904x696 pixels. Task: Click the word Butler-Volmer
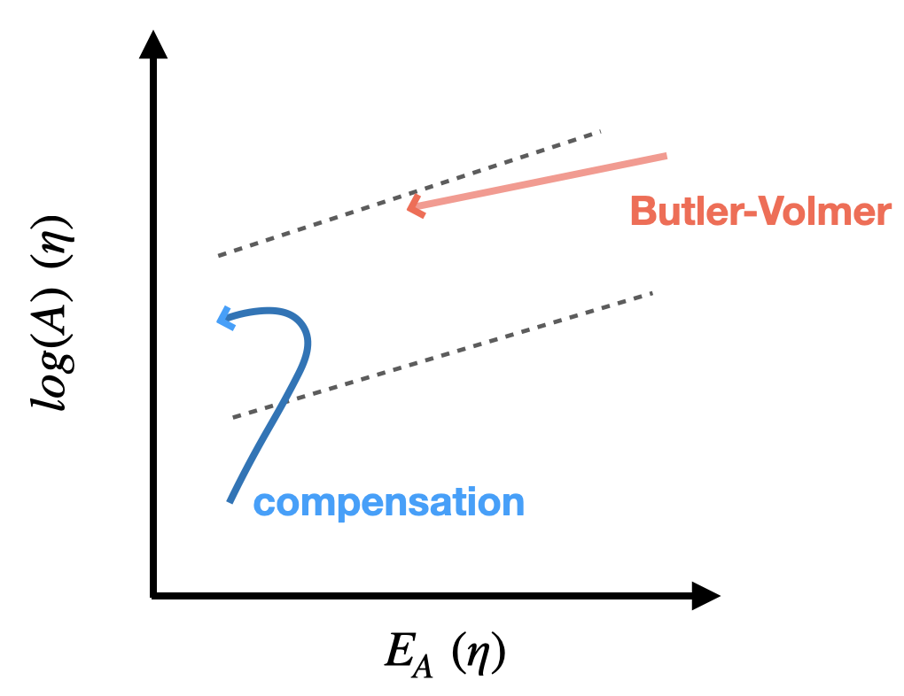coord(760,213)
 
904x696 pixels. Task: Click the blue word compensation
coord(389,503)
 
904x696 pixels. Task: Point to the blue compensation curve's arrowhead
coord(225,319)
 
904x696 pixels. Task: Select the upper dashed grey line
coord(408,194)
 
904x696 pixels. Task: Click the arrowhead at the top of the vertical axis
coord(153,44)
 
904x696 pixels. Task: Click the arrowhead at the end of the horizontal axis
coord(705,596)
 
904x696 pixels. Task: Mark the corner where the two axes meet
coord(154,596)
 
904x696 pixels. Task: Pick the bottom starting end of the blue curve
coord(230,501)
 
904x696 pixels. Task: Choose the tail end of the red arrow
coord(665,157)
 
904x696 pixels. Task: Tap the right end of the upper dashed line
coord(600,133)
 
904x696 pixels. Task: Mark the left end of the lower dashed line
coord(234,417)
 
